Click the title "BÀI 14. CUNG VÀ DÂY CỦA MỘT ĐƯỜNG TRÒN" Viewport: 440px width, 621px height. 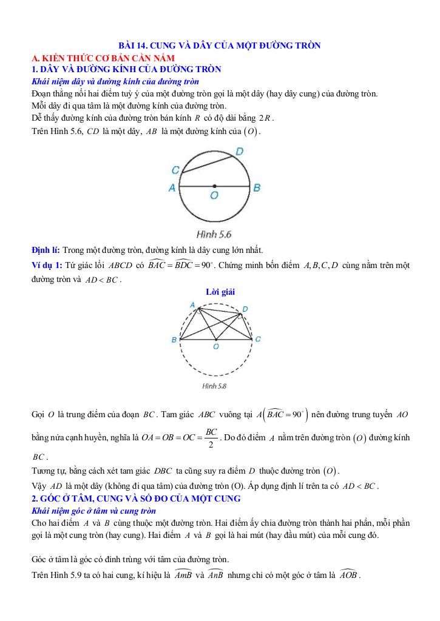[x=219, y=45]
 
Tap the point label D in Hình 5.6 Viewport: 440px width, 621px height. [x=239, y=151]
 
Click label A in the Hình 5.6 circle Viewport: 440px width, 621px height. [x=172, y=188]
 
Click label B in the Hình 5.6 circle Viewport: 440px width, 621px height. [x=257, y=188]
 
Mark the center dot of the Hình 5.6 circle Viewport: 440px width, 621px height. [x=214, y=186]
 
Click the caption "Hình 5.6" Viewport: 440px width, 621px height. [x=214, y=233]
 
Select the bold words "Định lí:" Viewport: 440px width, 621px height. [x=46, y=250]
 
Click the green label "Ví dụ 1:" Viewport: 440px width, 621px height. [x=47, y=265]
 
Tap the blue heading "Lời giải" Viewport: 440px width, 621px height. [x=220, y=292]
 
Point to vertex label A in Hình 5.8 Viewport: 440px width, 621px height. [x=192, y=304]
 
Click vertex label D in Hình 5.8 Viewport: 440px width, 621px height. [x=245, y=309]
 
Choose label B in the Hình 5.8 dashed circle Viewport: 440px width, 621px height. [x=174, y=340]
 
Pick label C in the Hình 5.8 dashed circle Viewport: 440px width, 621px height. [x=258, y=339]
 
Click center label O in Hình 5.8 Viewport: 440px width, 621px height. [x=215, y=346]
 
